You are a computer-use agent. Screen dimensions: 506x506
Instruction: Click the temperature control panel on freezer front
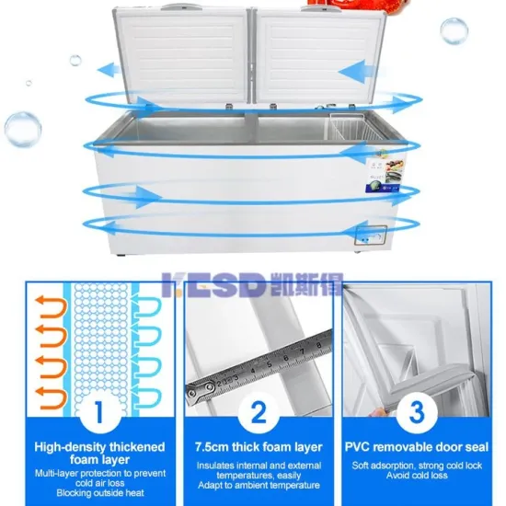373,235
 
